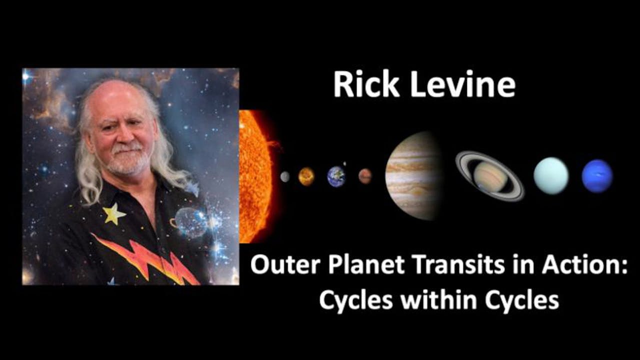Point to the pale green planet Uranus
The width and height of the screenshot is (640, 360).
pos(551,175)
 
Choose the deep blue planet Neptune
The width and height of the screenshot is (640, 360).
pos(597,176)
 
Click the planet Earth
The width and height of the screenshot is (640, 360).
pos(336,176)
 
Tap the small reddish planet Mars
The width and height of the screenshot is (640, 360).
pos(365,176)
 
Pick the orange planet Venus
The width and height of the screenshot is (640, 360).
pos(306,176)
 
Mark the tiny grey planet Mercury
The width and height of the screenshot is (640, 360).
pos(285,176)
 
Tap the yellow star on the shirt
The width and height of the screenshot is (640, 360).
pos(113,213)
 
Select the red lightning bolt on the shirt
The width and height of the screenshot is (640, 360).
pos(145,257)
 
